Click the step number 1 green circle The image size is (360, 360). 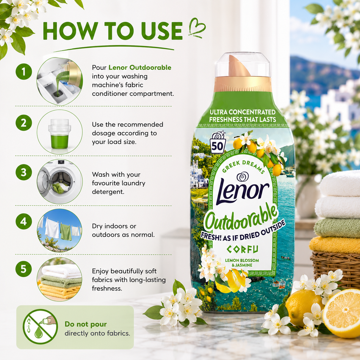(24, 72)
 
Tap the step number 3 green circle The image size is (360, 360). (24, 172)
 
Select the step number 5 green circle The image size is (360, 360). (24, 269)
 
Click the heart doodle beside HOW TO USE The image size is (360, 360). (197, 28)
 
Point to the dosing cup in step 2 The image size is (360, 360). (59, 134)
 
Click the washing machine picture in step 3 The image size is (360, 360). (60, 181)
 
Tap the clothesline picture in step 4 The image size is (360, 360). (60, 230)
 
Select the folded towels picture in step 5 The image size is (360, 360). (60, 279)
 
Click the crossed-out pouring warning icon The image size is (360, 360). (40, 327)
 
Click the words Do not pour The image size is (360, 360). (86, 324)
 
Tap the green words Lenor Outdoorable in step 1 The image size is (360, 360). (140, 67)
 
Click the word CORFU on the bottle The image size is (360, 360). (243, 249)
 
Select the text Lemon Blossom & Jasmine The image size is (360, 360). (242, 263)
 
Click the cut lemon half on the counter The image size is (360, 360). (342, 313)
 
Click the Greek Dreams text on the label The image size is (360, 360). (243, 166)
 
